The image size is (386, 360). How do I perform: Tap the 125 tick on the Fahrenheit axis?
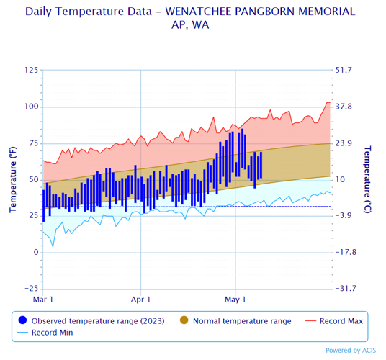[x=31, y=71]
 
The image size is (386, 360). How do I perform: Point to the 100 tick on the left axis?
[x=31, y=107]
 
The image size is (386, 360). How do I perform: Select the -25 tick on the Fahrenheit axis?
[x=31, y=289]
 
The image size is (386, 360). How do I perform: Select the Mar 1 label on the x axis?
[x=43, y=298]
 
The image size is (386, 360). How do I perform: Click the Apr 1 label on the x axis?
[x=140, y=298]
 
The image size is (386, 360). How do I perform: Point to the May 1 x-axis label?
[x=235, y=298]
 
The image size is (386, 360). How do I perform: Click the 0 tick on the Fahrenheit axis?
[x=35, y=252]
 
